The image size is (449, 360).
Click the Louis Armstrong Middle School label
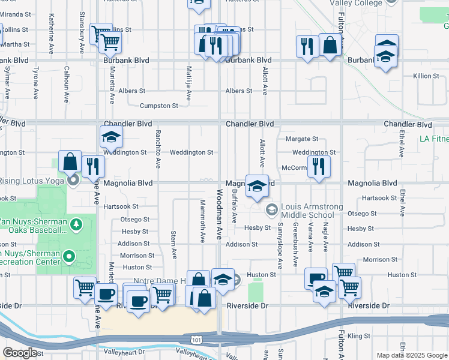point(307,211)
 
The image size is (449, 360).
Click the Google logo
point(20,353)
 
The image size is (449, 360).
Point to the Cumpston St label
point(158,106)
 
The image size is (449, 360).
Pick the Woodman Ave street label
point(219,213)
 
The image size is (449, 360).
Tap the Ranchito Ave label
point(158,148)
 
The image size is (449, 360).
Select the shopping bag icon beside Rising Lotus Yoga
point(71,161)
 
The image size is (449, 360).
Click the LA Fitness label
point(433,140)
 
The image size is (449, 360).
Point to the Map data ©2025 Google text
point(411,355)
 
